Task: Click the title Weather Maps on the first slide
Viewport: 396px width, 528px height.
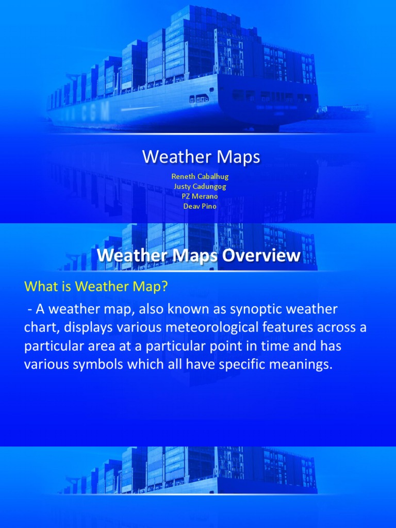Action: click(201, 157)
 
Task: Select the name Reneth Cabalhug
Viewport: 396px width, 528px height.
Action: click(200, 176)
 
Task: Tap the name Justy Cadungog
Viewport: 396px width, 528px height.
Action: click(200, 186)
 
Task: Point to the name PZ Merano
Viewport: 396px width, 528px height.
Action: click(200, 196)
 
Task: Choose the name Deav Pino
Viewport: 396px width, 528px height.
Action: click(200, 206)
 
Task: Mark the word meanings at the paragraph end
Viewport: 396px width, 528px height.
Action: click(300, 365)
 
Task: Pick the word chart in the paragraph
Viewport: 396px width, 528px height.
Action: click(38, 328)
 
